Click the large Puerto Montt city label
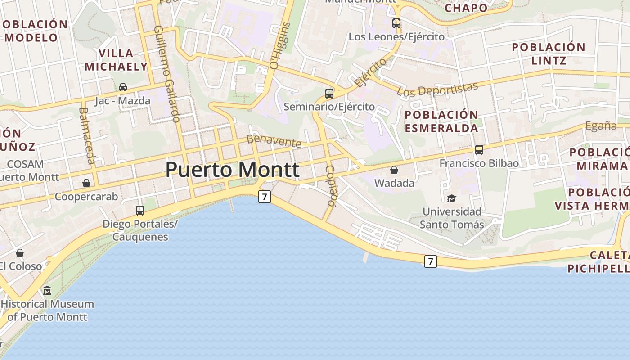(232, 170)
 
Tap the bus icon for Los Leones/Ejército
(396, 23)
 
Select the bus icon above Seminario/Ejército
(329, 94)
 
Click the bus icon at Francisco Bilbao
(479, 150)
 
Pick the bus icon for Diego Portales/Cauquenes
(140, 210)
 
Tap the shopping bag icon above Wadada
(394, 170)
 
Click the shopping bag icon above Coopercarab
(86, 183)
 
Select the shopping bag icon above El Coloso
(20, 253)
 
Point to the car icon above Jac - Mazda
(122, 87)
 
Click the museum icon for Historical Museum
(47, 291)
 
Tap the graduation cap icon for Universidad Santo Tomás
(451, 198)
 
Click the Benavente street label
(274, 141)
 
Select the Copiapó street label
(331, 186)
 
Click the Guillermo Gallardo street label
(166, 73)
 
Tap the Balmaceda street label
(87, 135)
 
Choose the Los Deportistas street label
(437, 89)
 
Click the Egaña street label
(601, 126)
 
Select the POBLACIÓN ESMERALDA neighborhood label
(441, 121)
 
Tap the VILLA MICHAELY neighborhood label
(116, 60)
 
